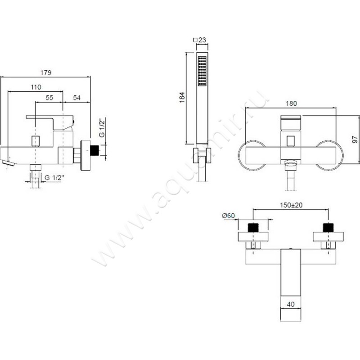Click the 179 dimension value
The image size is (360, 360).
(46, 72)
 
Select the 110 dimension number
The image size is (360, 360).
(36, 87)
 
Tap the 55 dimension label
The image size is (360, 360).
(49, 98)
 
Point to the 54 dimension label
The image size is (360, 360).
(77, 98)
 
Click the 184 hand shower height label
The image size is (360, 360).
(182, 97)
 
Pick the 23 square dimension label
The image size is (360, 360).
(199, 40)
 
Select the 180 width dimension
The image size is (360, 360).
(291, 103)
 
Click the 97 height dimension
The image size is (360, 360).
(355, 139)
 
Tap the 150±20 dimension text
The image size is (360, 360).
(291, 205)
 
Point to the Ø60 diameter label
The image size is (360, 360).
(229, 216)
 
